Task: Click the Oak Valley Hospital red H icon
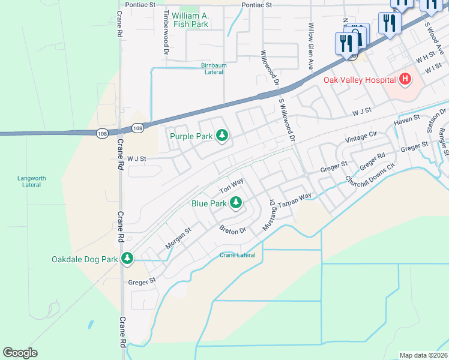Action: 405,79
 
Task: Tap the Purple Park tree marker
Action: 222,136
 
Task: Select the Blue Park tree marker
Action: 237,203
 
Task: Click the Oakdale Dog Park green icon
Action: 127,259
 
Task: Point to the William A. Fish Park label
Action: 190,20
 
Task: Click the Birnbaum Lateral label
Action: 214,68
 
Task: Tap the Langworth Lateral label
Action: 28,181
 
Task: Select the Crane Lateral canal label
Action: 237,255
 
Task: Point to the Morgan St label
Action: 178,238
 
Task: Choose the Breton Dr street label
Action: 233,229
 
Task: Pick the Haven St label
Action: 406,123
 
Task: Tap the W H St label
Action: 425,56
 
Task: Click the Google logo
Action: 20,353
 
